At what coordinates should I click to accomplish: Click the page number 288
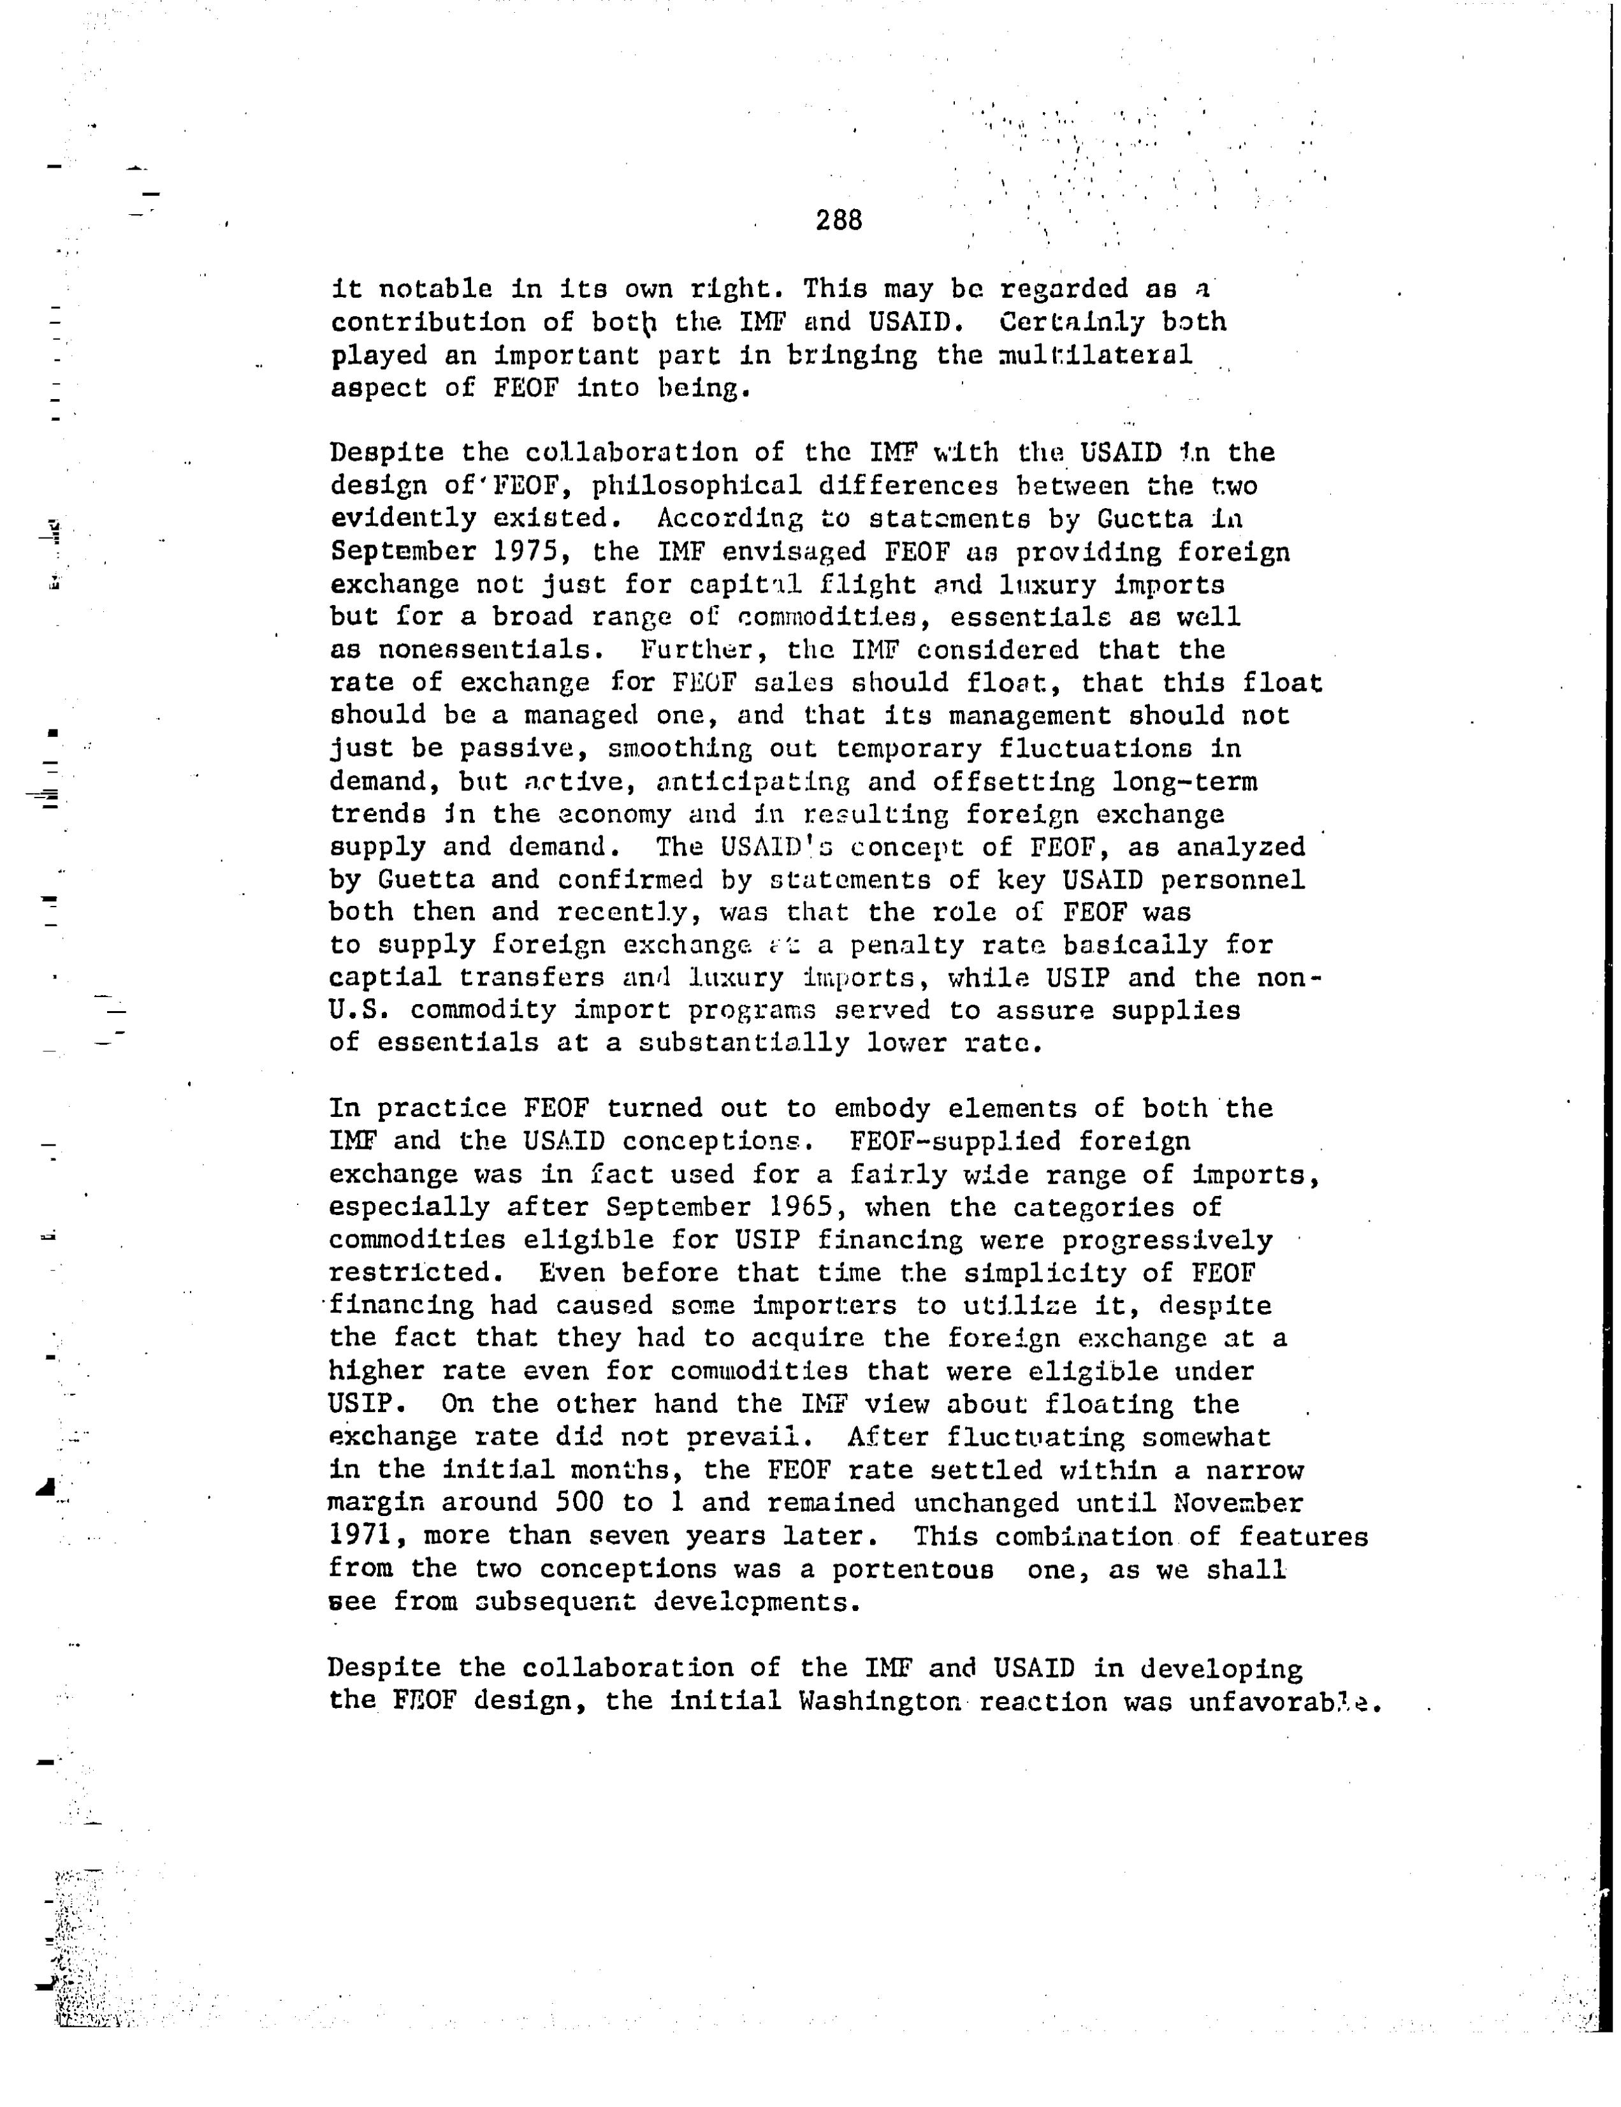838,221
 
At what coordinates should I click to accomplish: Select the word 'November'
1238,1502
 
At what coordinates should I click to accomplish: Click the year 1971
361,1535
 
